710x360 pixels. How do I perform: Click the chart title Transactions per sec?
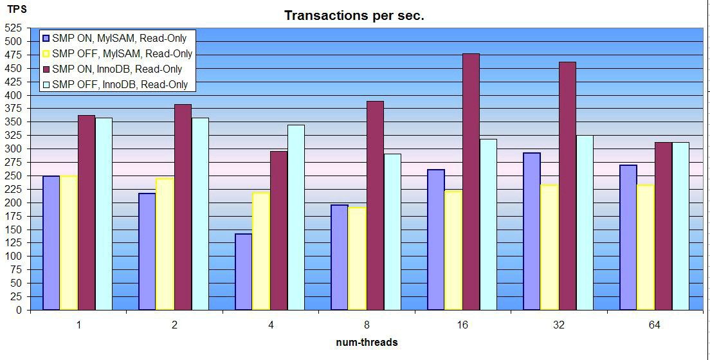[x=354, y=16]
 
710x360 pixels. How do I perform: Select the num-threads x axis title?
[x=367, y=343]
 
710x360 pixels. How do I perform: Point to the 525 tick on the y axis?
[x=14, y=28]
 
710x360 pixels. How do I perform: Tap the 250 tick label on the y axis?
[x=14, y=175]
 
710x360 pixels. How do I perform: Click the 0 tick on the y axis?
[x=19, y=310]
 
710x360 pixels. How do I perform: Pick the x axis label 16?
[x=462, y=325]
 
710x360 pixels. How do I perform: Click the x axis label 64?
[x=654, y=325]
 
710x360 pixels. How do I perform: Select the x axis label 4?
[x=271, y=325]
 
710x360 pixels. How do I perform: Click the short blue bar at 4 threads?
[x=244, y=272]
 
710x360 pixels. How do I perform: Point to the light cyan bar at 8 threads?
[x=392, y=232]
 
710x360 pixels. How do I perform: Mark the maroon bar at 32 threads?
[x=567, y=186]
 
